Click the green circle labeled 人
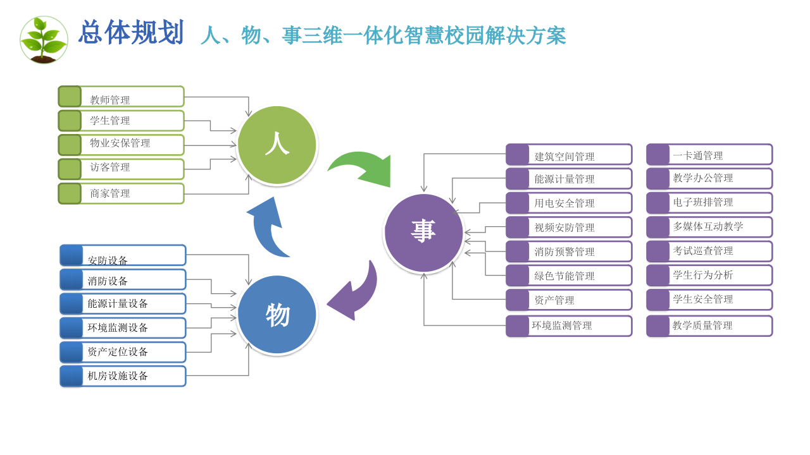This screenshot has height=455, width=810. click(277, 145)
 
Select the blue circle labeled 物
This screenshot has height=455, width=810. click(277, 315)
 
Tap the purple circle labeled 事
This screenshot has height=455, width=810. click(423, 233)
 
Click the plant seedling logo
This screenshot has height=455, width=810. click(44, 40)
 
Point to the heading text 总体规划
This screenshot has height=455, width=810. click(131, 33)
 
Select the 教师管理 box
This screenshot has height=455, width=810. click(121, 97)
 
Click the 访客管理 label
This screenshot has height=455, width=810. click(110, 167)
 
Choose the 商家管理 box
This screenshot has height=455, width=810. click(121, 193)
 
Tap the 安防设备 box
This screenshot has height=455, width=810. click(123, 255)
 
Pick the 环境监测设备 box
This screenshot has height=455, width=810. click(123, 328)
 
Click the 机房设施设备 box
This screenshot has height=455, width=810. click(123, 376)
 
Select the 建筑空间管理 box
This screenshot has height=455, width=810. click(569, 155)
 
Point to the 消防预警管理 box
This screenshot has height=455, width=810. click(569, 252)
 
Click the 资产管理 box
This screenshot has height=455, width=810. click(569, 300)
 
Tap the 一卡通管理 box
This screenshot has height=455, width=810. click(709, 155)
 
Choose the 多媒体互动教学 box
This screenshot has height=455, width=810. click(709, 227)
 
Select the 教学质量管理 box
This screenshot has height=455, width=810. click(709, 326)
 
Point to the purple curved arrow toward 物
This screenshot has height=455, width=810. click(356, 293)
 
